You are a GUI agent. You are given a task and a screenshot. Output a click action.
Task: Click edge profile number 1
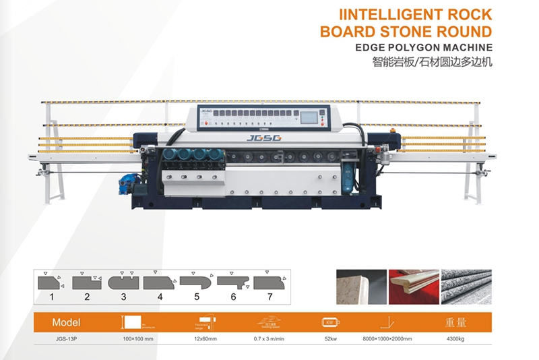tap(50, 282)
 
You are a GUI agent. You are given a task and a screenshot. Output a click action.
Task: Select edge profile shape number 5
tap(196, 282)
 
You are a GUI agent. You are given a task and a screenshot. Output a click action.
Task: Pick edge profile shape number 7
tap(271, 281)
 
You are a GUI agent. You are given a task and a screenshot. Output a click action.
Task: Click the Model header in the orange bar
tap(66, 322)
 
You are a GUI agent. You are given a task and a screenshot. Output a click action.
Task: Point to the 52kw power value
tap(330, 340)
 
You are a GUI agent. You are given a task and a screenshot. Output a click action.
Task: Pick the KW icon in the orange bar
tap(331, 322)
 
